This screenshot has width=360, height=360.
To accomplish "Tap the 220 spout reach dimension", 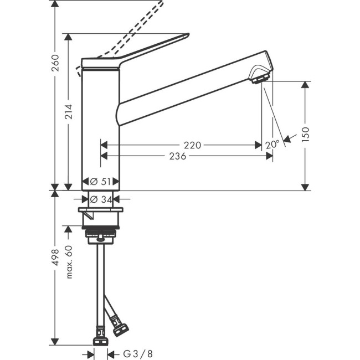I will click(192, 145).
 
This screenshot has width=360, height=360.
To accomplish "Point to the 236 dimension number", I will click(177, 156).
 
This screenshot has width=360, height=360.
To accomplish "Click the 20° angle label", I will click(272, 145).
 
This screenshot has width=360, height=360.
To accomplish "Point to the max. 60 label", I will click(69, 262).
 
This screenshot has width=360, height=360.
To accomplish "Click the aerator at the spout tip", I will click(259, 79).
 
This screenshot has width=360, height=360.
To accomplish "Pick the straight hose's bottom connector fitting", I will click(100, 336).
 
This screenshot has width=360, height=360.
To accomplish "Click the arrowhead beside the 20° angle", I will click(286, 140).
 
